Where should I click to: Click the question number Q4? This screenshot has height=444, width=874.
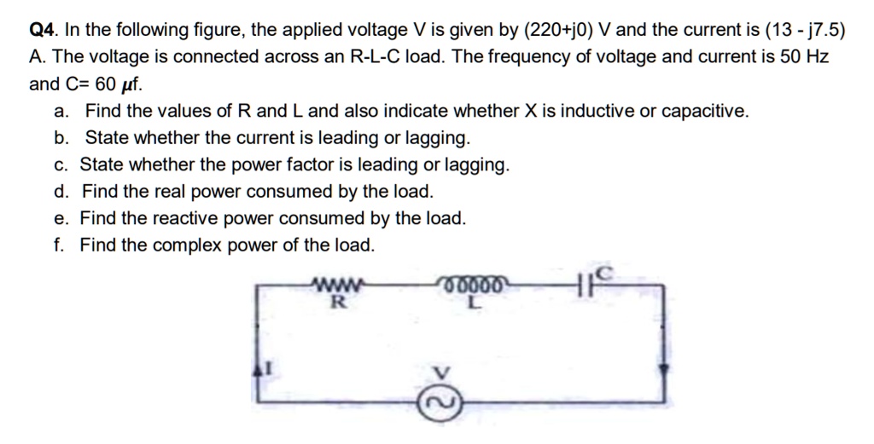(x=43, y=32)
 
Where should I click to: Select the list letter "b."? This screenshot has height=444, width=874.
(x=61, y=138)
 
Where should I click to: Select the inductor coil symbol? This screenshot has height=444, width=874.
(x=475, y=284)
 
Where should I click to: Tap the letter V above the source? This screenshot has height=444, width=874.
(x=441, y=372)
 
